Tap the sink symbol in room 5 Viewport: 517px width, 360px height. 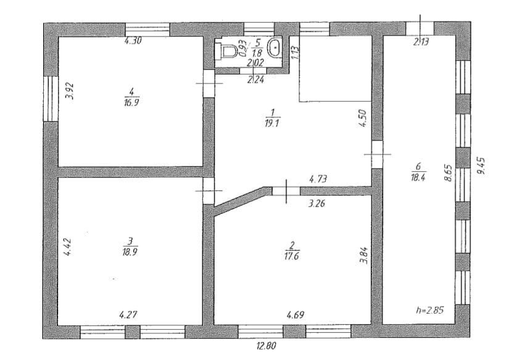[x=275, y=49]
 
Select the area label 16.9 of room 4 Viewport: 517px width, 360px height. [x=131, y=103]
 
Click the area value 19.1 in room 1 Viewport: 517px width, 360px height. [x=272, y=123]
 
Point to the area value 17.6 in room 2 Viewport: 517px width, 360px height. [x=291, y=256]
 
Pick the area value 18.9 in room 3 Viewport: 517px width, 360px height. [x=130, y=252]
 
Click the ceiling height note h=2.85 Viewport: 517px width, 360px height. [x=430, y=310]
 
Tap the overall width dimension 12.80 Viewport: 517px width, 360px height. [x=266, y=346]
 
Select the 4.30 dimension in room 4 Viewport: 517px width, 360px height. [x=133, y=41]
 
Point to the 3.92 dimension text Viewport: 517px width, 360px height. [x=69, y=91]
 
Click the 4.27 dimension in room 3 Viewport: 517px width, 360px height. [x=128, y=314]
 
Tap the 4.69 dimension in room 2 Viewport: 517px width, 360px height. [x=296, y=315]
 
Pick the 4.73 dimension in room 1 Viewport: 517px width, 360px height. [x=318, y=179]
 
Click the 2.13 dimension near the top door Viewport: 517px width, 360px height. [x=421, y=42]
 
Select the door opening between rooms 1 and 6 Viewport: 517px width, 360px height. [x=377, y=154]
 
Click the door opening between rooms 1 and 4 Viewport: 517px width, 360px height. [x=209, y=83]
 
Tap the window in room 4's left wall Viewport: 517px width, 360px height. [x=51, y=99]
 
